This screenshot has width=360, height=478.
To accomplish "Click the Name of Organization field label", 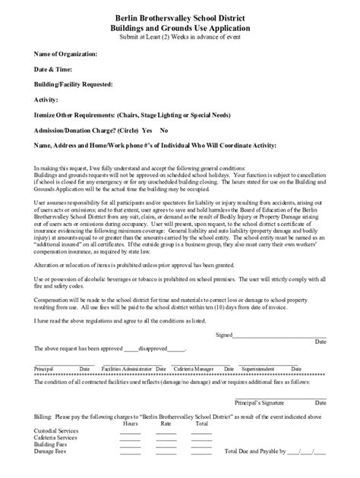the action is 66,55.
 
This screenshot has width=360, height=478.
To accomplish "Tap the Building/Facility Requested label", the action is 74,84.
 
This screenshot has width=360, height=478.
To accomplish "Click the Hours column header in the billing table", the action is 130,423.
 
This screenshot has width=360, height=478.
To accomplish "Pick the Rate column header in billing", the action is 166,423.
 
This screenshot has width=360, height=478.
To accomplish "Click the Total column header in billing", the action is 201,423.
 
